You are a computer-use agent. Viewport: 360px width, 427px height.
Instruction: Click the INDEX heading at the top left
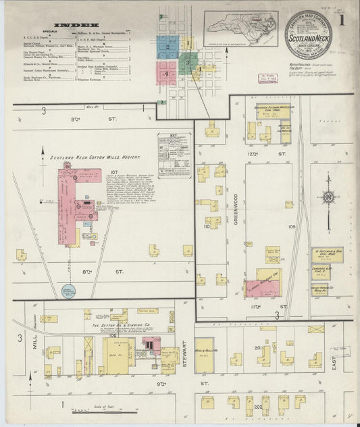pyautogui.click(x=71, y=26)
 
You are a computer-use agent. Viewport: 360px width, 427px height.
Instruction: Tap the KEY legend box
pyautogui.click(x=175, y=154)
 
